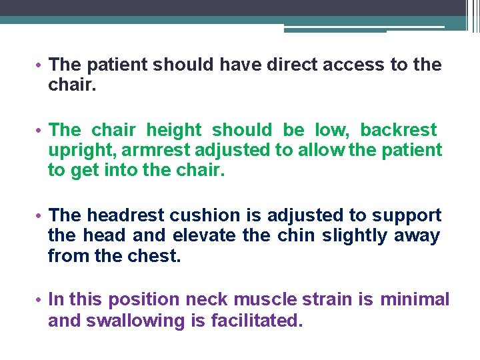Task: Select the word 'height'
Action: click(173, 129)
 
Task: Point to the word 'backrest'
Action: click(399, 129)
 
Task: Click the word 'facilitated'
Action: click(257, 321)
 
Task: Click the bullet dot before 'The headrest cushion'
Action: click(41, 216)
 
